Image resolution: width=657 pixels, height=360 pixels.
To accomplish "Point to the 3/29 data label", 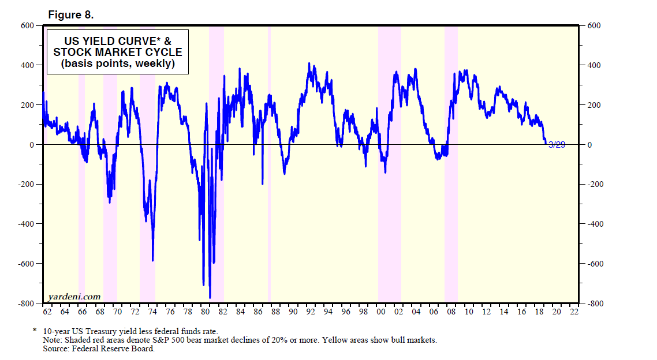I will [x=556, y=145].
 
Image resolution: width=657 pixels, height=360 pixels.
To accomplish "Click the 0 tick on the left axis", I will [x=32, y=145].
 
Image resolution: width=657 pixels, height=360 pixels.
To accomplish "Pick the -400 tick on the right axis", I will [x=597, y=224].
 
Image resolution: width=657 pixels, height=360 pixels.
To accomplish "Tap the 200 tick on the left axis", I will [x=28, y=105].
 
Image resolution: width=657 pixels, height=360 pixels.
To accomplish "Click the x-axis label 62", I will [x=47, y=312].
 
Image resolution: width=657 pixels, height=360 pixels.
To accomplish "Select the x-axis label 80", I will [x=206, y=312].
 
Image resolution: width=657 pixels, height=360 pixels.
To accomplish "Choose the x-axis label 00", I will [x=381, y=312].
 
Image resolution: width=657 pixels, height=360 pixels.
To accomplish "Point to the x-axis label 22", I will [x=574, y=312].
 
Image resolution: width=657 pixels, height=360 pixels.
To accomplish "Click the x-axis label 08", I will [x=451, y=312].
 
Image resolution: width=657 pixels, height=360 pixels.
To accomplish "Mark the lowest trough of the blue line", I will [x=210, y=297].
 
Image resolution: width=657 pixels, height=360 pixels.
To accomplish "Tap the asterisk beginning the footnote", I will [x=34, y=332].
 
